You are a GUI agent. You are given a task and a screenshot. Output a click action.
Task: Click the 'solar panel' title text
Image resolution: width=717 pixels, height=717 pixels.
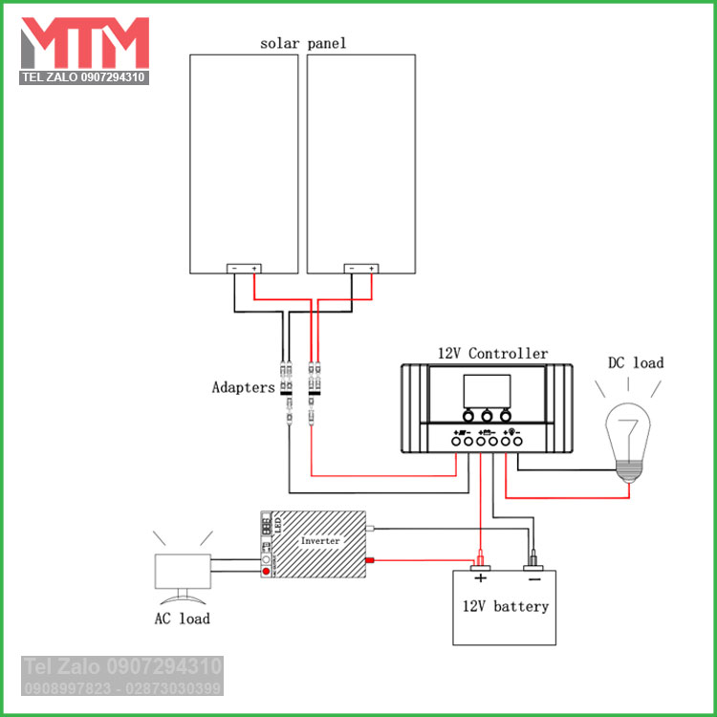pyautogui.click(x=303, y=43)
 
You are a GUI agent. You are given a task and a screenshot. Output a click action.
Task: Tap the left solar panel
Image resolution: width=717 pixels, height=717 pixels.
pyautogui.click(x=244, y=158)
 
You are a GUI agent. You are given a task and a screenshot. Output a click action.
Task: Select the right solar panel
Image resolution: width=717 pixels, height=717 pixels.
pyautogui.click(x=361, y=158)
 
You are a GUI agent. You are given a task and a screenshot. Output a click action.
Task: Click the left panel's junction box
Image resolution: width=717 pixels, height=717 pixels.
pyautogui.click(x=244, y=269)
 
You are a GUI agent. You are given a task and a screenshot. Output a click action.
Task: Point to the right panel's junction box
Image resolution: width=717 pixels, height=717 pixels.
pyautogui.click(x=361, y=269)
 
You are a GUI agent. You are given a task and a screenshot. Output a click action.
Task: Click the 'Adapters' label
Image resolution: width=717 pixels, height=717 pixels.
pyautogui.click(x=243, y=388)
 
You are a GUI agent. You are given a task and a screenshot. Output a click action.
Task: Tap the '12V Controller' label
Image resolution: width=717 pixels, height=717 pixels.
pyautogui.click(x=492, y=354)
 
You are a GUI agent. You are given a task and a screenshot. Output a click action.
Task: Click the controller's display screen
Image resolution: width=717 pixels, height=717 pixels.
pyautogui.click(x=487, y=390)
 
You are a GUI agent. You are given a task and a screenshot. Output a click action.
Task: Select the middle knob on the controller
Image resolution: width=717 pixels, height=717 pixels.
pyautogui.click(x=487, y=416)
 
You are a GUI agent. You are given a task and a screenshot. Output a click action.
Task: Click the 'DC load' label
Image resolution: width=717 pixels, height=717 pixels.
pyautogui.click(x=635, y=363)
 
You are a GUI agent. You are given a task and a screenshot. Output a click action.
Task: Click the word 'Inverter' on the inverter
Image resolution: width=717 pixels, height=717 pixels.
pyautogui.click(x=320, y=541)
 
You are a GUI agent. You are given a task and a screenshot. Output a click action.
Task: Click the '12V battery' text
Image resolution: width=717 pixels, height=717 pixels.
pyautogui.click(x=506, y=606)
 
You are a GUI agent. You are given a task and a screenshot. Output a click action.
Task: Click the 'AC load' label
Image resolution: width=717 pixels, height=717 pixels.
pyautogui.click(x=182, y=619)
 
